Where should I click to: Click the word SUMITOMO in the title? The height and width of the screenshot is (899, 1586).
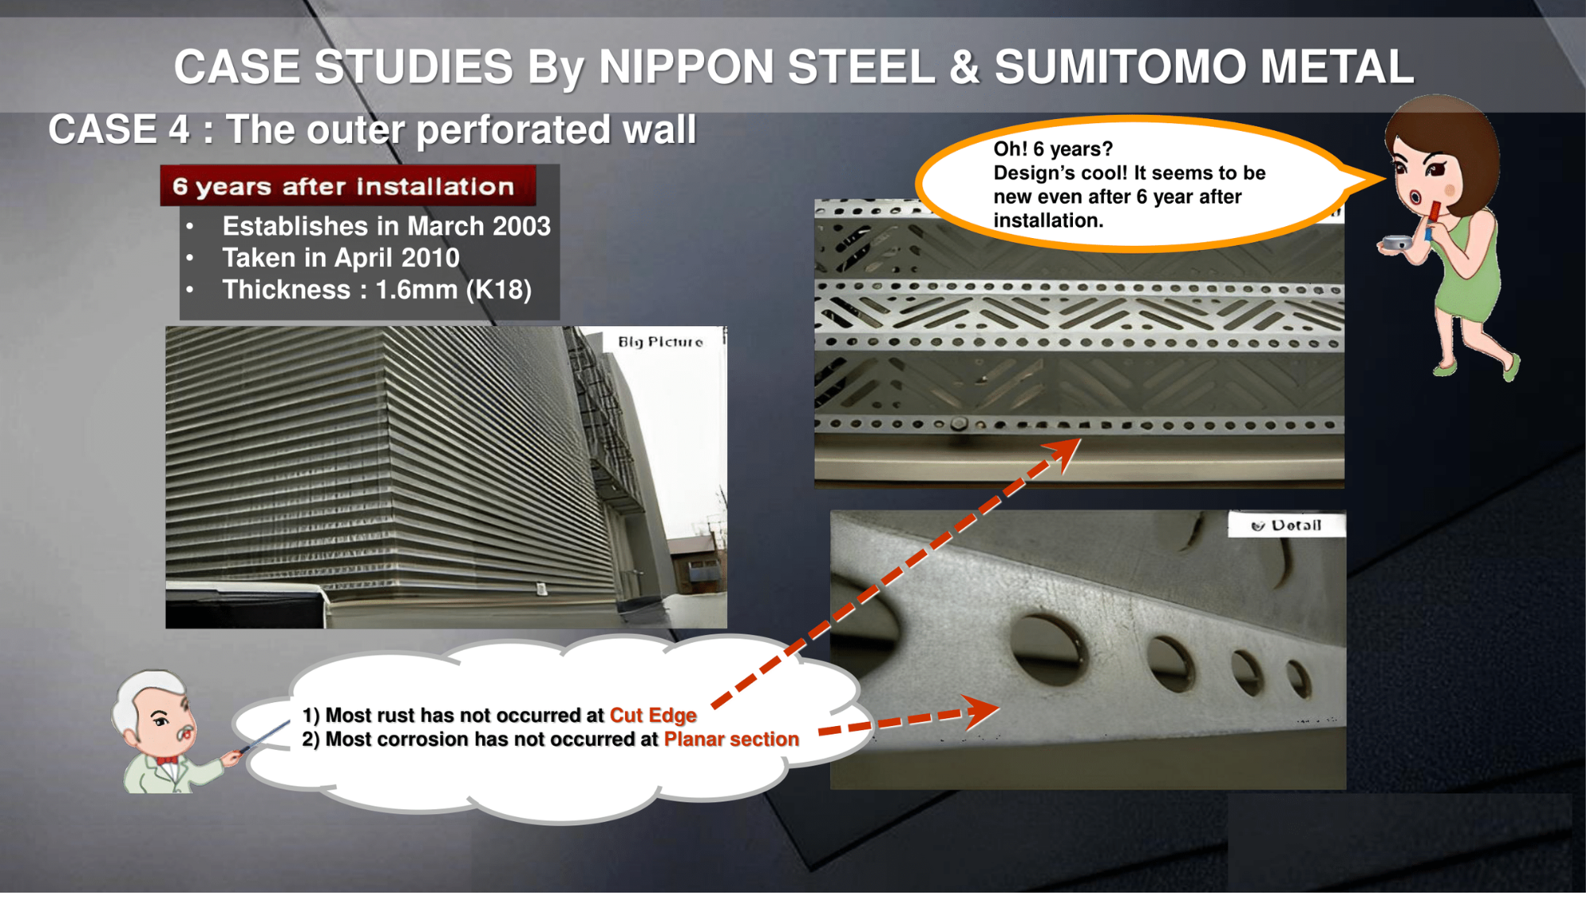click(1121, 67)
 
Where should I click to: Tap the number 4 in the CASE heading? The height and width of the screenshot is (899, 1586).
click(178, 129)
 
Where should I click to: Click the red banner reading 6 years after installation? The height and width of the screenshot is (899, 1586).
click(347, 186)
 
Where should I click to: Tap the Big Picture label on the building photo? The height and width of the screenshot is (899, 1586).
click(661, 342)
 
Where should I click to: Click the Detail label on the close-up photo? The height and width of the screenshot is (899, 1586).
click(1287, 524)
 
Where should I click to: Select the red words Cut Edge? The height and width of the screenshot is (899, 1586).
click(653, 715)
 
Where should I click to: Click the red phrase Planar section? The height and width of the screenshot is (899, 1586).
click(731, 739)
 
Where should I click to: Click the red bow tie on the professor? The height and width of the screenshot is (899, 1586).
click(167, 760)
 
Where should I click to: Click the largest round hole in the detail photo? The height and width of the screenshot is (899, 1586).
click(1048, 647)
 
